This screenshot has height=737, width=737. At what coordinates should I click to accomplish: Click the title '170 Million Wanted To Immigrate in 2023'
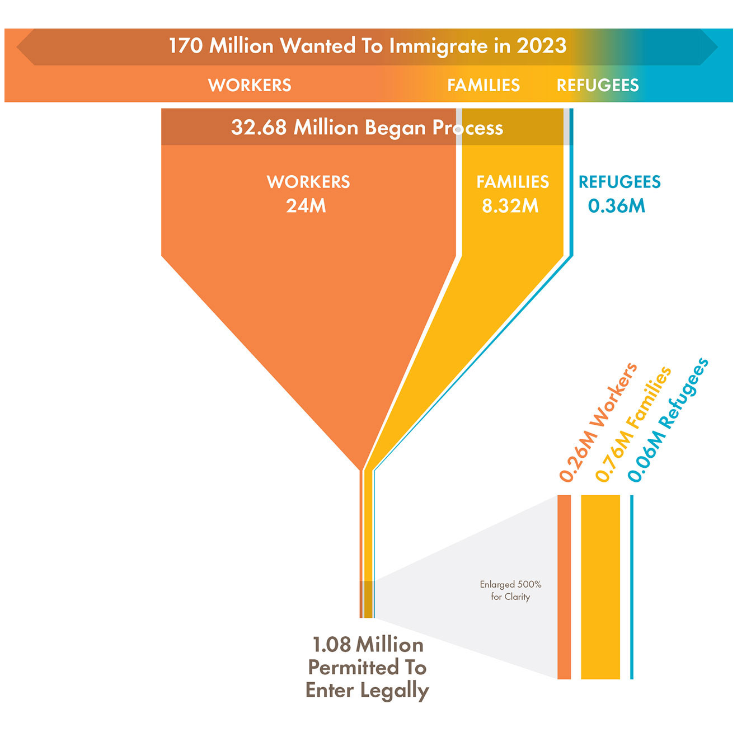(367, 46)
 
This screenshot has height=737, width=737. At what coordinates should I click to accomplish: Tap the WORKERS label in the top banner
(250, 85)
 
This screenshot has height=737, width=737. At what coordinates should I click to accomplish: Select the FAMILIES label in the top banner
(483, 85)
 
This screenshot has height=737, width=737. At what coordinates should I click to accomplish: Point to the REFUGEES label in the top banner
(597, 85)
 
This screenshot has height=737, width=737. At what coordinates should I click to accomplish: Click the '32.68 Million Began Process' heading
(367, 128)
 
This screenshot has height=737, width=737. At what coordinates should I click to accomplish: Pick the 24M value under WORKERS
(306, 206)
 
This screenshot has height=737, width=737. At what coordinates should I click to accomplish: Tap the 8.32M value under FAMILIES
(510, 206)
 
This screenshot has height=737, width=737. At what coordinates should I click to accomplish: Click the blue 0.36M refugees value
(617, 206)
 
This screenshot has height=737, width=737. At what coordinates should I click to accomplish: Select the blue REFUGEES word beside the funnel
(619, 182)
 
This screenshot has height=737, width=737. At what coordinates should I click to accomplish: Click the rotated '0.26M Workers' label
(598, 423)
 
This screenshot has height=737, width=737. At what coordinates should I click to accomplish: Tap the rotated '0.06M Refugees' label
(668, 421)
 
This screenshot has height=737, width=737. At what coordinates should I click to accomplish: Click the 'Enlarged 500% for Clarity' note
(510, 590)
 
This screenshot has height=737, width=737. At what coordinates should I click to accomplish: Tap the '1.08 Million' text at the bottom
(368, 645)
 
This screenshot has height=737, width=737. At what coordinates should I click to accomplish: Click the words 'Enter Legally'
(367, 691)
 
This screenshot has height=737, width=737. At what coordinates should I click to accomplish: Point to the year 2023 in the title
(541, 46)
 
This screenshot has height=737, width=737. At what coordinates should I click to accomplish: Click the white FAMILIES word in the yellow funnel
(513, 182)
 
